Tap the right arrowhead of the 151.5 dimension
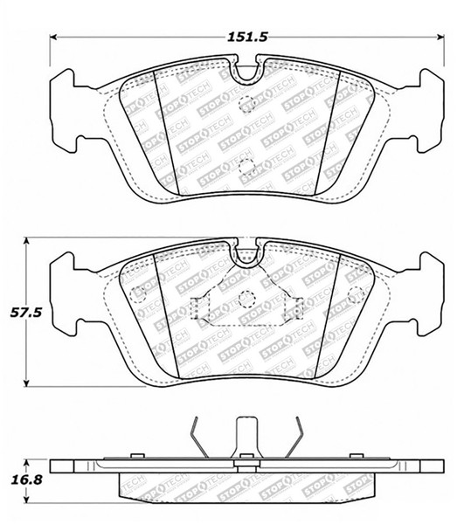436,37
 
